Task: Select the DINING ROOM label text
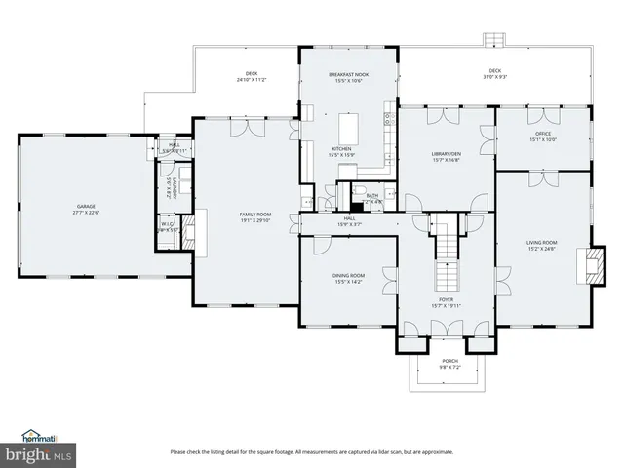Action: pyautogui.click(x=348, y=276)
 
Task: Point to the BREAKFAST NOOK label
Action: pyautogui.click(x=348, y=74)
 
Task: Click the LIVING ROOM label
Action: pyautogui.click(x=542, y=242)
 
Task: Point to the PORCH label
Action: pyautogui.click(x=449, y=362)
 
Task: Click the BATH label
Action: pyautogui.click(x=372, y=195)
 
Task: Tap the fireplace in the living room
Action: pyautogui.click(x=587, y=264)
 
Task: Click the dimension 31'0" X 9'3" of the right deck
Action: pyautogui.click(x=495, y=77)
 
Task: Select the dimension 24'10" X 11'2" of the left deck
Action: pyautogui.click(x=252, y=80)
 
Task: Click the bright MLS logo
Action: pyautogui.click(x=37, y=455)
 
